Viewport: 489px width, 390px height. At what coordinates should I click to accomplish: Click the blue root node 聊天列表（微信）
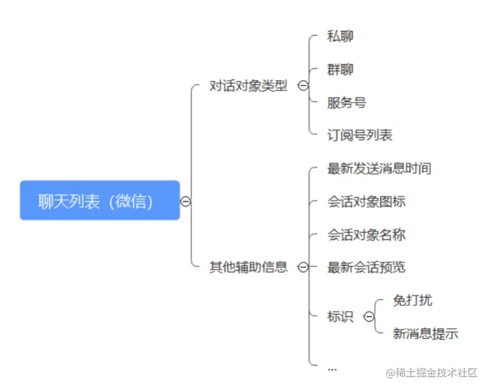(100, 201)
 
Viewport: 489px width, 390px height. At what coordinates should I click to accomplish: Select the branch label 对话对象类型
(248, 87)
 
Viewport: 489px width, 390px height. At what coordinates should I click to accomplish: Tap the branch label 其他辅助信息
(248, 267)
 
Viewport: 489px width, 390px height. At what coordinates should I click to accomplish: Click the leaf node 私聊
(340, 36)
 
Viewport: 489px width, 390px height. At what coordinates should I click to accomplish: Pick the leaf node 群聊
(340, 69)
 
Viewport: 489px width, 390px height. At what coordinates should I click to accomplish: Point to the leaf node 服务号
(347, 103)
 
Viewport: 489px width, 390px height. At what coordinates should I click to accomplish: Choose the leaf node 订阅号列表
(360, 135)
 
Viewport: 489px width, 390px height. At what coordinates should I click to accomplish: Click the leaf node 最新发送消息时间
(379, 168)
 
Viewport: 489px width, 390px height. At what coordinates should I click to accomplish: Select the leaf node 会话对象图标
(366, 202)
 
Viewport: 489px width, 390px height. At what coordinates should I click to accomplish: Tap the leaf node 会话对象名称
(366, 235)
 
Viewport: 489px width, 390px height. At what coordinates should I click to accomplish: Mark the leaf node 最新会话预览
(366, 267)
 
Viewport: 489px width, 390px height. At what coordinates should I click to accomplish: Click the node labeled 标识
(340, 317)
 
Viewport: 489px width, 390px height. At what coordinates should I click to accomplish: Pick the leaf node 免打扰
(412, 301)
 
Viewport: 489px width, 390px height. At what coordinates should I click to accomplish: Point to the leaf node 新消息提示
(426, 333)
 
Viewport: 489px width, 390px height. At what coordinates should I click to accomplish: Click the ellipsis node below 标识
(332, 369)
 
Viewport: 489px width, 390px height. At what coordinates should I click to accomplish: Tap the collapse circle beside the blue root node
(186, 202)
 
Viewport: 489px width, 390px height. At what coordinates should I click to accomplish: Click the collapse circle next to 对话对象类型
(303, 86)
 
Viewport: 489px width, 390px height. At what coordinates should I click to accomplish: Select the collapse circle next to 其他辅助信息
(303, 267)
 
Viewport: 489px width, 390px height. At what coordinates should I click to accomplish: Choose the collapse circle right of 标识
(369, 317)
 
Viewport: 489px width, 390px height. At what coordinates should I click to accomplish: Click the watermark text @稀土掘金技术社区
(432, 373)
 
